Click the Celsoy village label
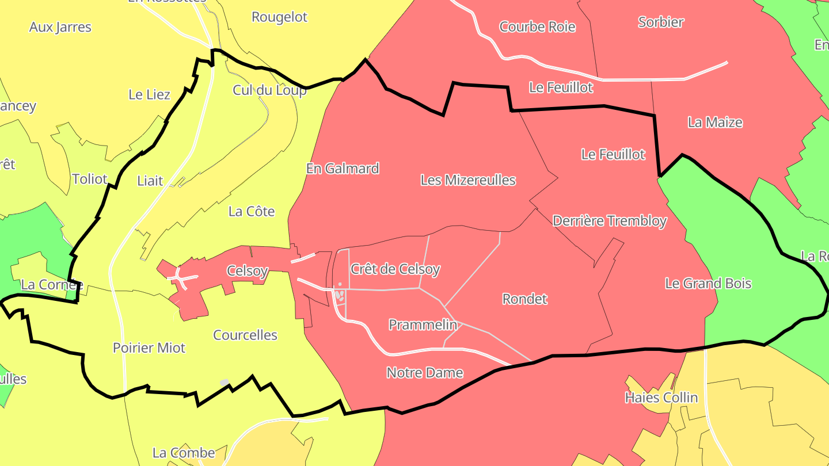click(x=248, y=270)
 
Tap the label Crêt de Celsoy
click(x=395, y=269)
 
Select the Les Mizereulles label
click(x=468, y=180)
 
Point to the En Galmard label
click(x=343, y=169)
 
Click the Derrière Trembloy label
click(x=609, y=221)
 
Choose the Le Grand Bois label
click(x=708, y=283)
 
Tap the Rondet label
click(x=524, y=299)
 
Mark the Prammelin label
click(x=423, y=324)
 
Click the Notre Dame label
click(x=425, y=373)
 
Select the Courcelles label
click(x=245, y=335)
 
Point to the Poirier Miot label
click(x=149, y=348)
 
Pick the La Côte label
click(x=252, y=211)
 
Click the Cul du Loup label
click(x=269, y=90)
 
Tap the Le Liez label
click(x=149, y=94)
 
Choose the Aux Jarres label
click(x=60, y=27)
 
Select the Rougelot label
click(x=280, y=17)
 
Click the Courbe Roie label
click(x=537, y=26)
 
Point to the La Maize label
click(x=715, y=123)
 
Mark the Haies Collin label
click(x=661, y=398)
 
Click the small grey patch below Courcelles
click(x=225, y=383)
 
